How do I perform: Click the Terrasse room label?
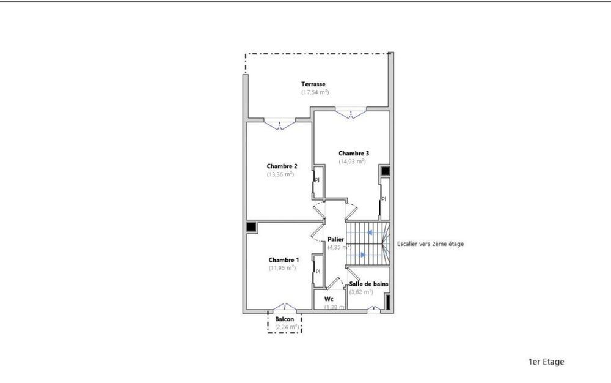pyautogui.click(x=313, y=84)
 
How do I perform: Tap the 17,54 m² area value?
pyautogui.click(x=315, y=92)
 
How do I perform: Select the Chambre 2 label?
pyautogui.click(x=282, y=166)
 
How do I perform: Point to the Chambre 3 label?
pyautogui.click(x=354, y=153)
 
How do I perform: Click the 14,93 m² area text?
pyautogui.click(x=352, y=162)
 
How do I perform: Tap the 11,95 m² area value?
pyautogui.click(x=282, y=268)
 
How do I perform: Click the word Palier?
pyautogui.click(x=336, y=239)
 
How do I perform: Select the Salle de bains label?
pyautogui.click(x=368, y=284)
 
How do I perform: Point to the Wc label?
pyautogui.click(x=328, y=299)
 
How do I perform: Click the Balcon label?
pyautogui.click(x=284, y=319)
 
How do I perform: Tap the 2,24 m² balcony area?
pyautogui.click(x=287, y=327)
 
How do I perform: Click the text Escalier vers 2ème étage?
pyautogui.click(x=430, y=244)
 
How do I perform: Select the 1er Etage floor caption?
pyautogui.click(x=546, y=362)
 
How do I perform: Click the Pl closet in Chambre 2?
pyautogui.click(x=317, y=180)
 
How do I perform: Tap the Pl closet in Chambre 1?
pyautogui.click(x=318, y=272)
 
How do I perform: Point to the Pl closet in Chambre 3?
pyautogui.click(x=384, y=199)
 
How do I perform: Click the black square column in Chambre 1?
pyautogui.click(x=252, y=227)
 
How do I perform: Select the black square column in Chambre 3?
pyautogui.click(x=384, y=171)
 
